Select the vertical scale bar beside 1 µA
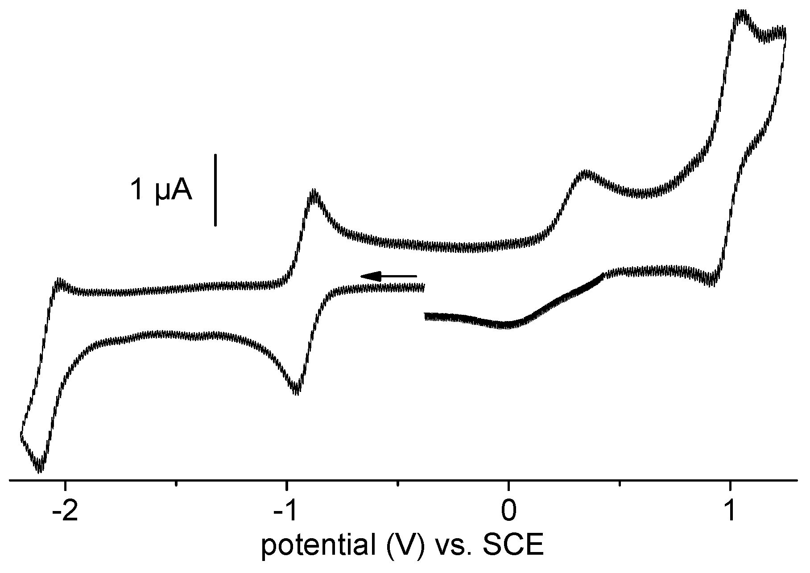(216, 190)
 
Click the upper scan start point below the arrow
(423, 288)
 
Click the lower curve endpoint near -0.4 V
(426, 317)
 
